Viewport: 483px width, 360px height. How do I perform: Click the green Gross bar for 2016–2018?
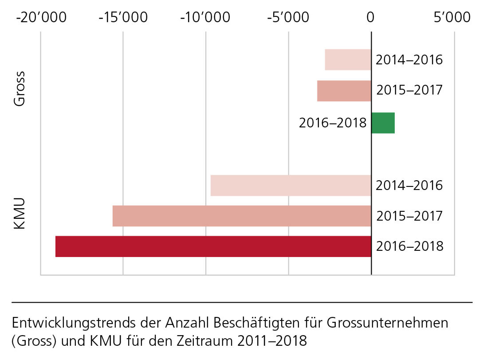(383, 123)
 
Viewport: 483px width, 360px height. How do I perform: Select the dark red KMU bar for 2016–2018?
(213, 246)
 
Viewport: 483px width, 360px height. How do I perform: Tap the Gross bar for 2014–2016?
(348, 59)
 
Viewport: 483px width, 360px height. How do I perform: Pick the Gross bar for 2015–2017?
(344, 91)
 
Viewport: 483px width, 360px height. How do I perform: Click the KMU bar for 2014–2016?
(291, 186)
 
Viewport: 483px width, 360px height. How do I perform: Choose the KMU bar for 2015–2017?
(242, 216)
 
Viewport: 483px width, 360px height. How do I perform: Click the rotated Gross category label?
(19, 88)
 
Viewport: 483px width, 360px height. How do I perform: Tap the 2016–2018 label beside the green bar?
(333, 123)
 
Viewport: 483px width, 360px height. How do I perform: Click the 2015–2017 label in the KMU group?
(409, 216)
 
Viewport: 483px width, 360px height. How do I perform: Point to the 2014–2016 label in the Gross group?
(409, 59)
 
